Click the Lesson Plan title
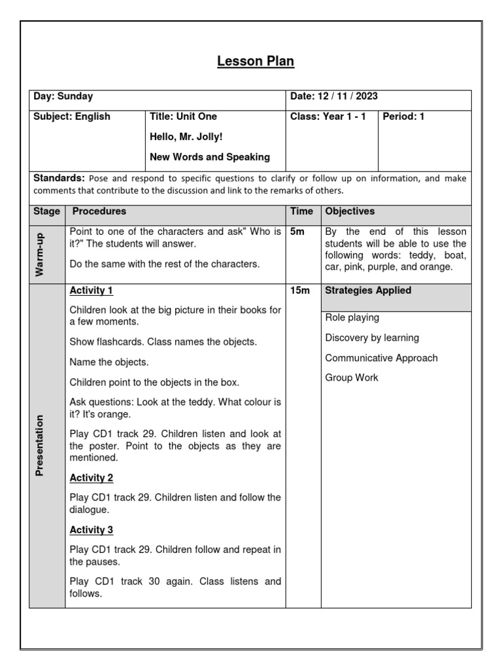256,62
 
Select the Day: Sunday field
63,97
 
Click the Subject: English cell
72,117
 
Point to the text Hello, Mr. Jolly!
187,137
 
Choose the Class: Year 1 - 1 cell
328,117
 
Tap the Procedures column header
99,212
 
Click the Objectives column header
350,212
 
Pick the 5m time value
297,232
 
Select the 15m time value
299,291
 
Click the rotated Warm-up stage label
41,255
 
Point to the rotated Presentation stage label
41,445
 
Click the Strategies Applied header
368,291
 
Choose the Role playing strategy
352,318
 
